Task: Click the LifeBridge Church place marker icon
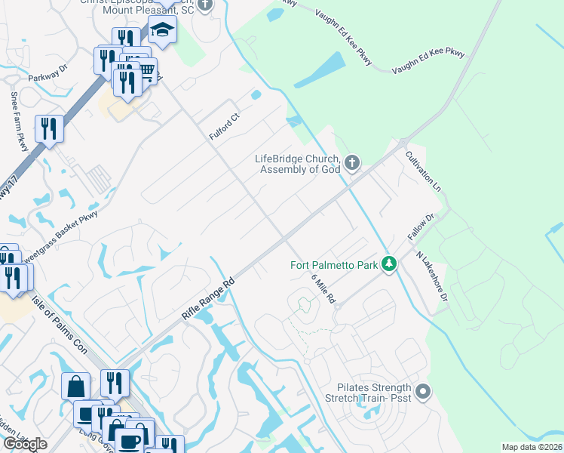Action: tap(351, 162)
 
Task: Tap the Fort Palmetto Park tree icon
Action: tap(388, 263)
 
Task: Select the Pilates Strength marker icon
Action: tap(422, 391)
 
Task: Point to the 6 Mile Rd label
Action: tap(323, 288)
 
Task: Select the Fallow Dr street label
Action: tap(421, 228)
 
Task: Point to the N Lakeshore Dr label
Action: tap(433, 276)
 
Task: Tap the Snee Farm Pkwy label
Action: tap(19, 122)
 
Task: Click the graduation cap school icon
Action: tap(162, 30)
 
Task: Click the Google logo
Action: tap(25, 444)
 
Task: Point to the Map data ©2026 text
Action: tap(532, 447)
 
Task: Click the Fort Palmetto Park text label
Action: tap(334, 264)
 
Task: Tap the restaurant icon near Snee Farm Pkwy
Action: tap(49, 128)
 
